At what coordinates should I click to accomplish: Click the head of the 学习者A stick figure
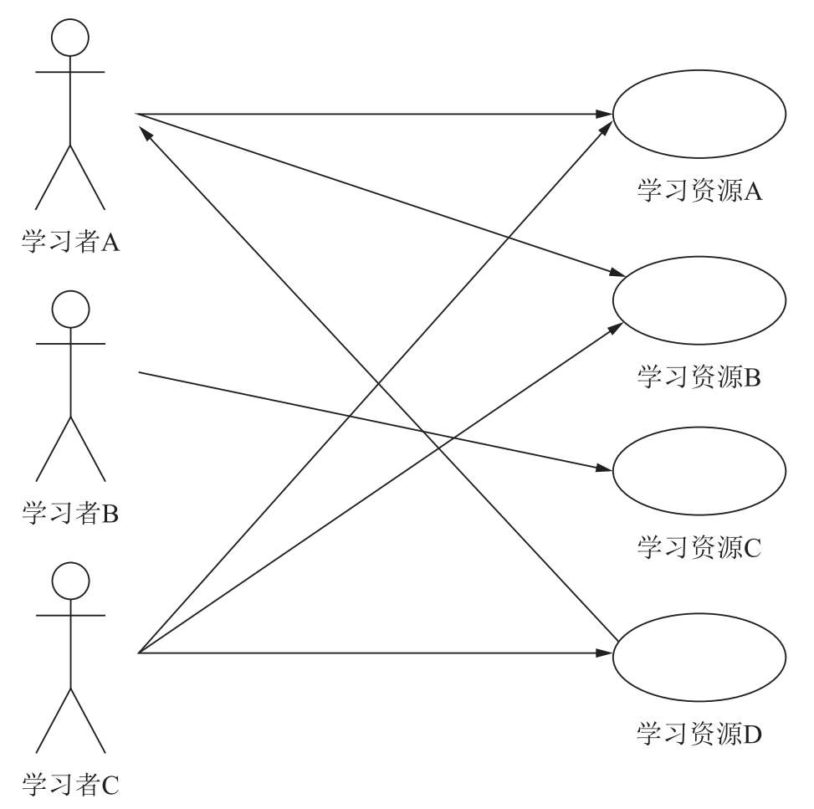coord(70,38)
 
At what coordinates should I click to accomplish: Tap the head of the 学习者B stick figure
coord(70,309)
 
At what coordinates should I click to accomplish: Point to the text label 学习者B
coord(70,512)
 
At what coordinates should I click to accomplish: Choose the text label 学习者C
coord(70,784)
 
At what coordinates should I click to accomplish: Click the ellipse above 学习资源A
coord(699,115)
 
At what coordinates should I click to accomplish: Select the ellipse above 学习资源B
coord(699,300)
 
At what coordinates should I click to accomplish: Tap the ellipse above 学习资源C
coord(699,473)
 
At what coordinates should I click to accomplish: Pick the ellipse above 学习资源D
coord(699,659)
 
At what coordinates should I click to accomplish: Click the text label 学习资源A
coord(699,192)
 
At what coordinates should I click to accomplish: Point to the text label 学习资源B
coord(699,377)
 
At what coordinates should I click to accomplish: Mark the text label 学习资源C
coord(699,548)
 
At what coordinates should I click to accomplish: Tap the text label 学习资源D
coord(699,735)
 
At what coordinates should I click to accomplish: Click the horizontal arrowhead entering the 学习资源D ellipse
coord(605,652)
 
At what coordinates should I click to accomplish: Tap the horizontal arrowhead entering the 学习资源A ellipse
coord(605,114)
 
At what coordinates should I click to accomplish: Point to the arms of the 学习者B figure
coord(70,343)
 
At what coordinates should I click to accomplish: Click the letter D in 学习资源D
coord(752,736)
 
